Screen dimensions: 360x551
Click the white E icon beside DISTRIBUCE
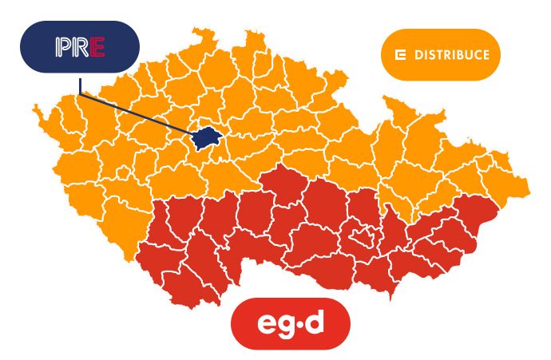pyautogui.click(x=401, y=55)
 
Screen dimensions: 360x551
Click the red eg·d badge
pyautogui.click(x=291, y=323)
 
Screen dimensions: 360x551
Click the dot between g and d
pyautogui.click(x=307, y=323)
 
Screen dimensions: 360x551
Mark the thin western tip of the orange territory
pyautogui.click(x=35, y=111)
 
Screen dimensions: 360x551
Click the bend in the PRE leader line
pyautogui.click(x=80, y=94)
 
